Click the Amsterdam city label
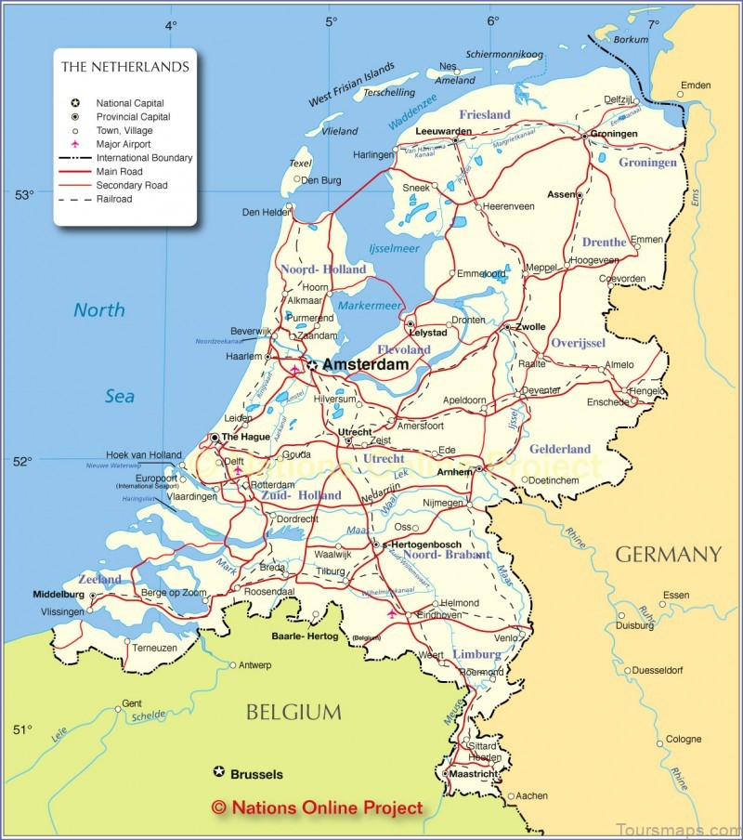coord(365,366)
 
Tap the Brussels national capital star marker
coord(219,771)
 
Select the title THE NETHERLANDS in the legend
coord(124,67)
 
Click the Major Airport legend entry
coord(124,144)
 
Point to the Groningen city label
coord(615,134)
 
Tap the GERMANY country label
coord(668,555)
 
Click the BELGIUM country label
coord(293,713)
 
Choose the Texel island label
coord(300,163)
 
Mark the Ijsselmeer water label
coord(395,249)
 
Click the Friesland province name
coord(485,114)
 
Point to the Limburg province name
coord(476,654)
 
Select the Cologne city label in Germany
coord(684,740)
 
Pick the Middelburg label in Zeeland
coord(58,594)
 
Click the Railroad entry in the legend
coord(114,199)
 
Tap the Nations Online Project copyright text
coord(317,808)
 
